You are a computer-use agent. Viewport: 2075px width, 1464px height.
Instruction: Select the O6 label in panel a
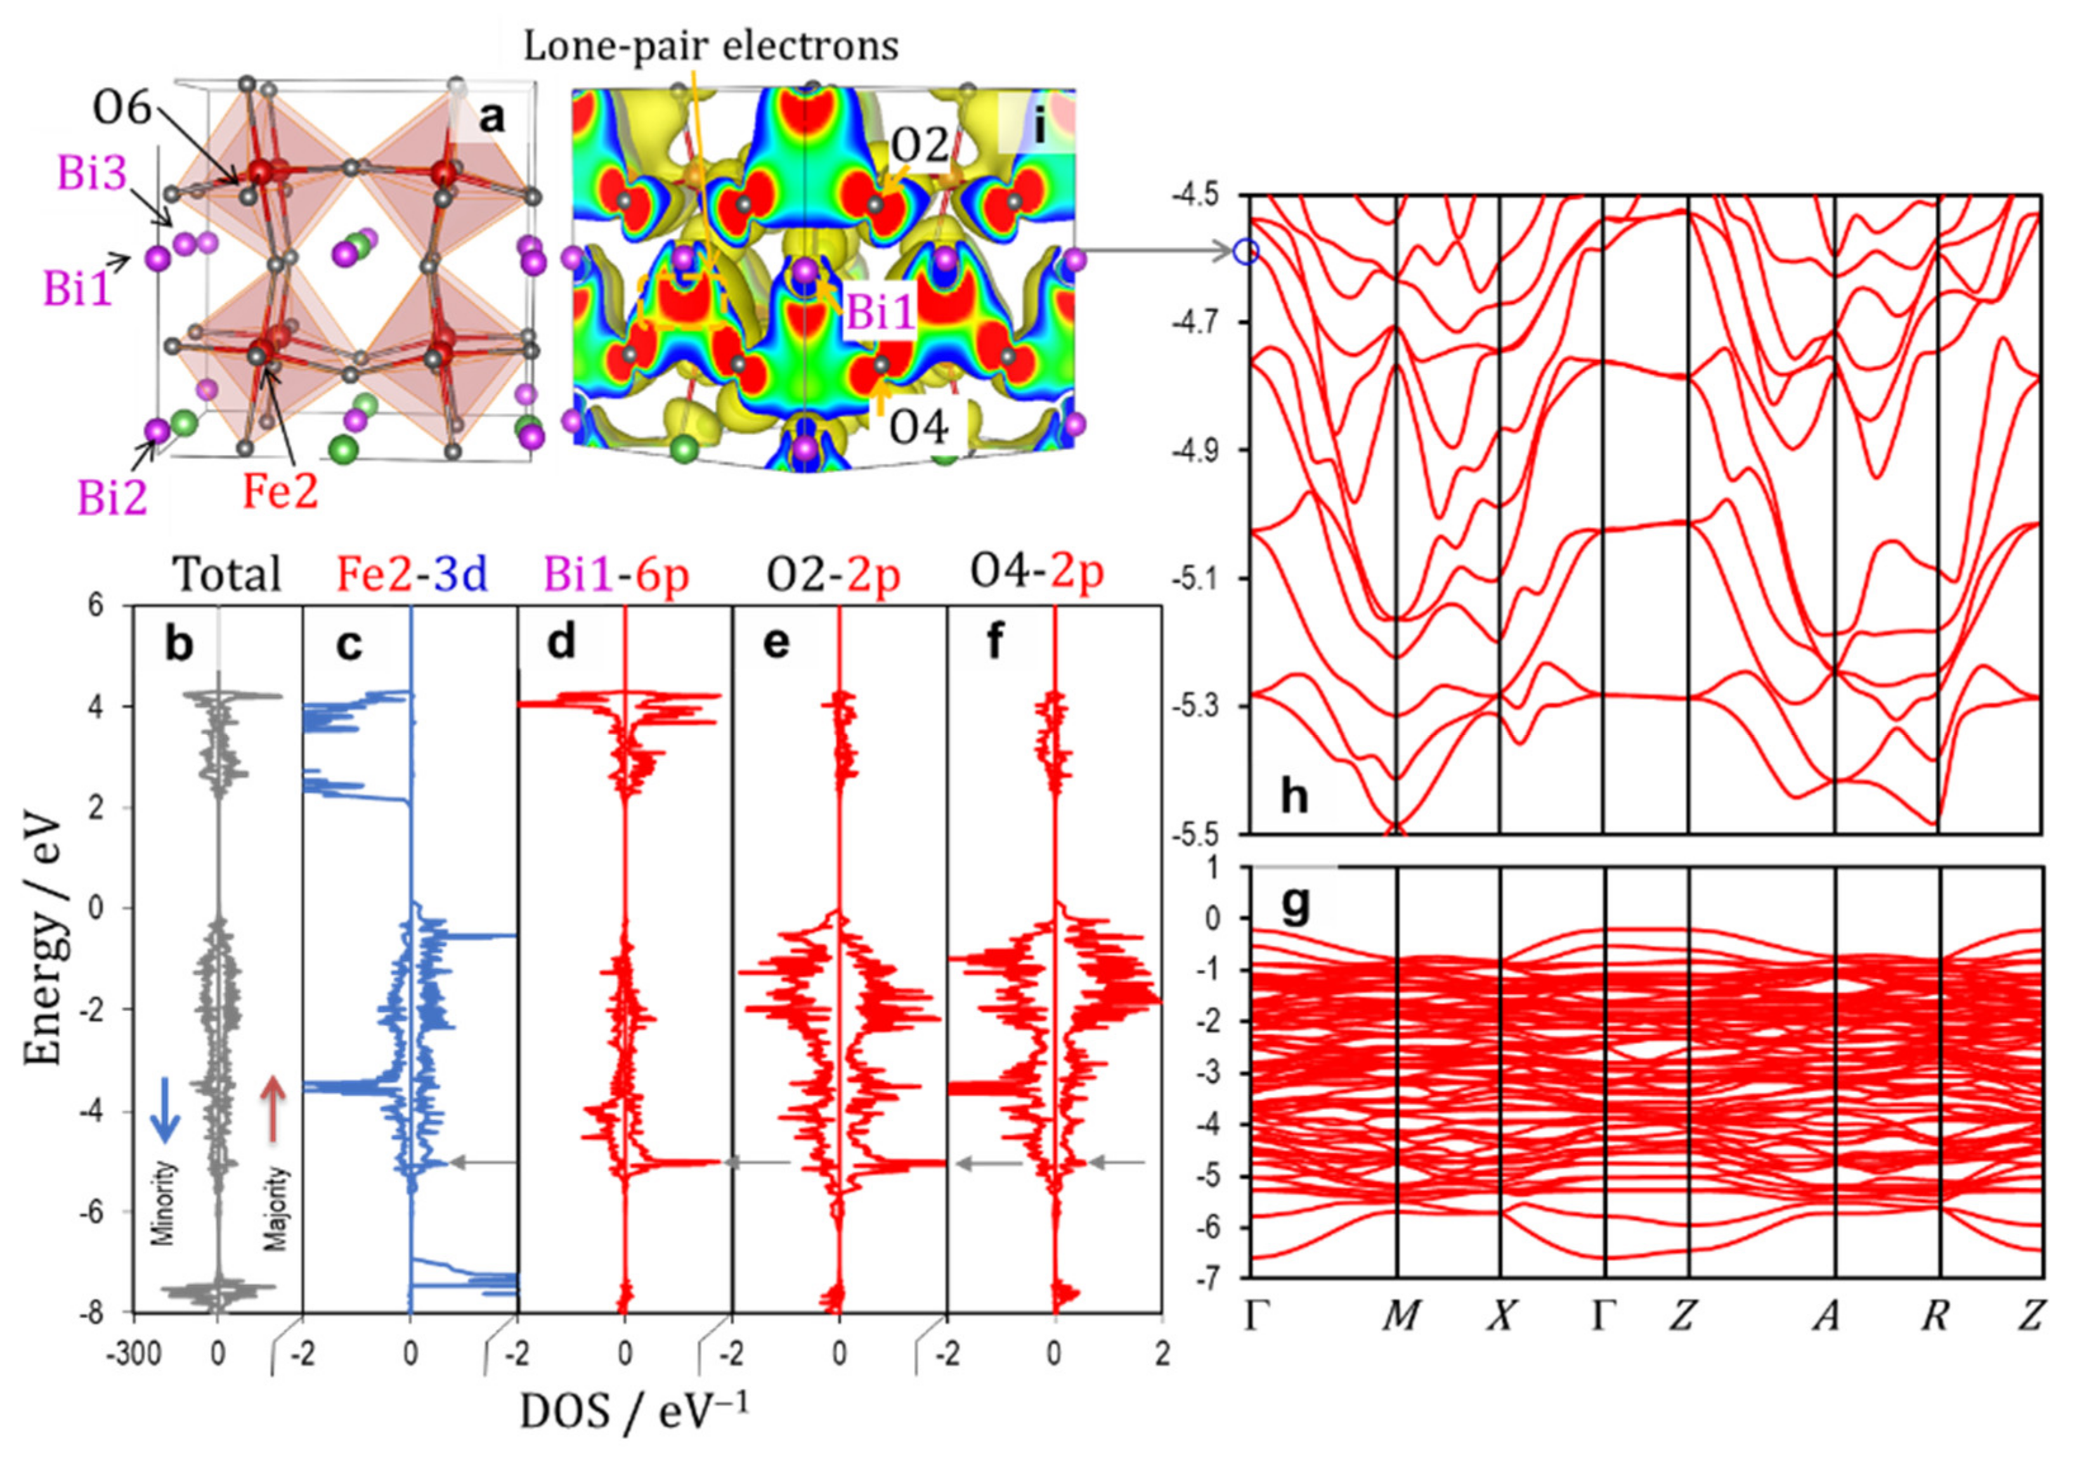pyautogui.click(x=121, y=109)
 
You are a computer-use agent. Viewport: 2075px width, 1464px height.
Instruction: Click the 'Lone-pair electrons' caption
pyautogui.click(x=712, y=45)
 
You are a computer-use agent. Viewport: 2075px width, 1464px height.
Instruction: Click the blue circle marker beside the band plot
pyautogui.click(x=1246, y=252)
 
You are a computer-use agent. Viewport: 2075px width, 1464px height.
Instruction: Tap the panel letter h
pyautogui.click(x=1294, y=797)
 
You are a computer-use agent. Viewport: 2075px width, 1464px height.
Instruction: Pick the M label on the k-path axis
pyautogui.click(x=1400, y=1317)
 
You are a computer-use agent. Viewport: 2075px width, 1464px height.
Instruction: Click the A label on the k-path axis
pyautogui.click(x=1826, y=1317)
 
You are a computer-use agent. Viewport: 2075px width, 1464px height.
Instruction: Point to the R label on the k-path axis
pyautogui.click(x=1933, y=1317)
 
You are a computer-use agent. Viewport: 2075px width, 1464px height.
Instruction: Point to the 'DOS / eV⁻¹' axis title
pyautogui.click(x=633, y=1411)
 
